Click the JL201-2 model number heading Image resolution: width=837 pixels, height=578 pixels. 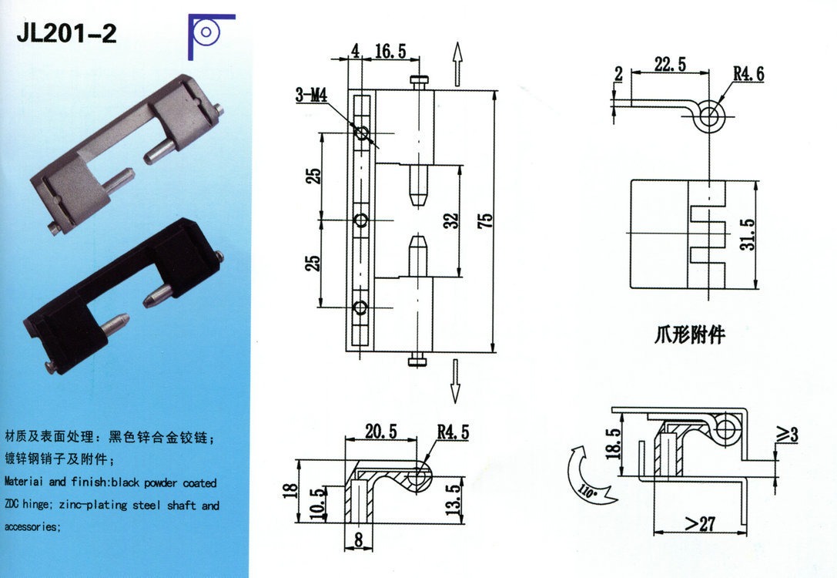[x=66, y=33]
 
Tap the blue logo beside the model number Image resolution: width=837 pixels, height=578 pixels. [x=209, y=35]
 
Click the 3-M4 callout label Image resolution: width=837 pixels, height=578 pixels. [x=311, y=96]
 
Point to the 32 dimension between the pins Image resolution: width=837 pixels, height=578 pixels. [x=452, y=221]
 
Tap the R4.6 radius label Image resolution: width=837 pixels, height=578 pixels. [x=748, y=75]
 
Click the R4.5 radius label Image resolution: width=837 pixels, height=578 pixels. [x=453, y=433]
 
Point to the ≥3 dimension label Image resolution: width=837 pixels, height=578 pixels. [x=786, y=435]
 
